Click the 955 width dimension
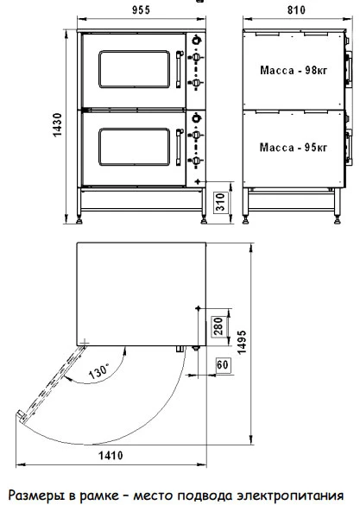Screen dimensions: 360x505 click(141, 10)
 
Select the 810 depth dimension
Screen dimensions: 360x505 click(296, 10)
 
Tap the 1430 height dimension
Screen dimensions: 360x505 click(57, 125)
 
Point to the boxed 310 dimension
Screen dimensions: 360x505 click(220, 202)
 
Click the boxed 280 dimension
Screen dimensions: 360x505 click(218, 326)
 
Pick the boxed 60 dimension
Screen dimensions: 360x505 click(223, 365)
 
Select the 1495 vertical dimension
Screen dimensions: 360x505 click(242, 342)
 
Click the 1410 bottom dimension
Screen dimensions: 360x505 click(111, 456)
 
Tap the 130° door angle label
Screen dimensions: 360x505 click(99, 370)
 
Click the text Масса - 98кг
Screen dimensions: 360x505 click(294, 70)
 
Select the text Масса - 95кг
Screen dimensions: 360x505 click(294, 148)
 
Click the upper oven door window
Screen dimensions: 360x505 click(135, 69)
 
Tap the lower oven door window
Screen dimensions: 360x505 click(135, 147)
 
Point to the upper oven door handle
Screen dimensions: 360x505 click(179, 69)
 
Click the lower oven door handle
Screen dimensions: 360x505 click(179, 148)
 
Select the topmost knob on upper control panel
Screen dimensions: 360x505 click(197, 41)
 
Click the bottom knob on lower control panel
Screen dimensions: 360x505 click(197, 161)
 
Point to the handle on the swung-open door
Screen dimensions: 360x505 click(21, 415)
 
